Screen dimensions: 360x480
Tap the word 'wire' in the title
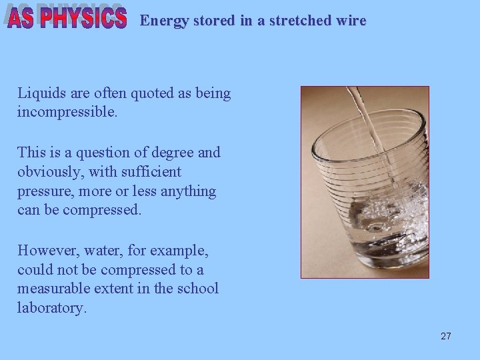pos(351,21)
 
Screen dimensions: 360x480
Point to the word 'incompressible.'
pos(67,112)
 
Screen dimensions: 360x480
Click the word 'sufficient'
pos(151,172)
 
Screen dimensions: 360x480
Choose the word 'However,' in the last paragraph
pos(46,251)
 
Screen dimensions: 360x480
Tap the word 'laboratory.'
pos(52,309)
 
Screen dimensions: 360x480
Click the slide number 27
pos(445,336)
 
